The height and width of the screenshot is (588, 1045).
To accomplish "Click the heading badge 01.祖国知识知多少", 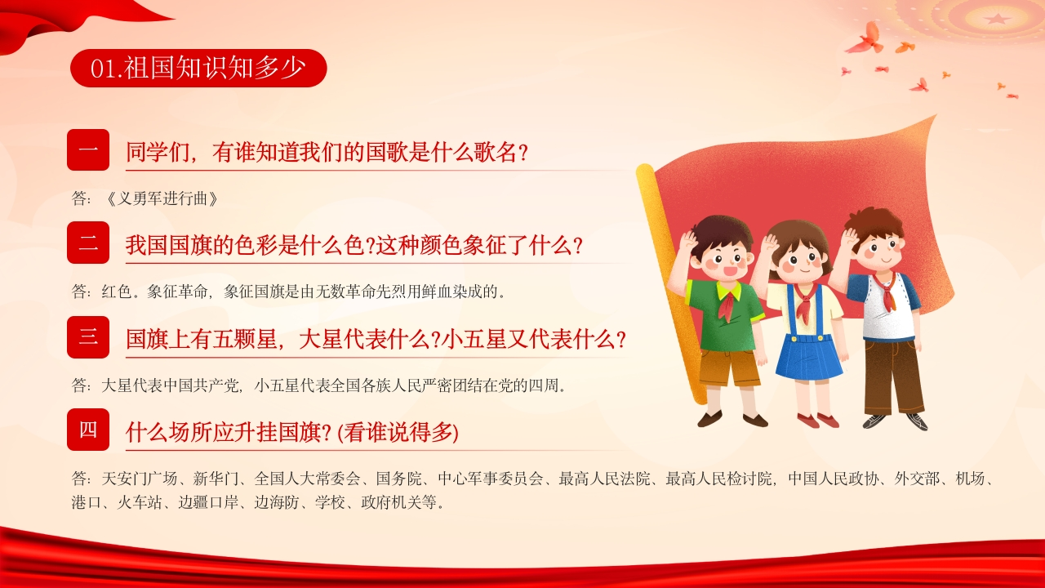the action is point(198,68).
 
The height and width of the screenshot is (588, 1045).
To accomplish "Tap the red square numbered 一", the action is point(88,149).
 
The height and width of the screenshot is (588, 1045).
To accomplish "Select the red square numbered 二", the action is point(88,243).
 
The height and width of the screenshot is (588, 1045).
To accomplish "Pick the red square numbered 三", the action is point(88,337).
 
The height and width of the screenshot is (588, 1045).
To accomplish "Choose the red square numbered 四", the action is point(88,430).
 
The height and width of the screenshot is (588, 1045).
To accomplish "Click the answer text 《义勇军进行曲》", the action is point(162,198).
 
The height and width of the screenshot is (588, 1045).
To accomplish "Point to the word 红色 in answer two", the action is point(117,292).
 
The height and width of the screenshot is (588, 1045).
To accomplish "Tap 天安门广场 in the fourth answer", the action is point(140,479).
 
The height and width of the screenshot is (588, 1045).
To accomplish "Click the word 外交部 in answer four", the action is point(917,479).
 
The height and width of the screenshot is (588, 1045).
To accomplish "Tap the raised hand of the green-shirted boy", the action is point(687,243).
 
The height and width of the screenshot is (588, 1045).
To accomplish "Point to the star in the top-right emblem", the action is point(997,19).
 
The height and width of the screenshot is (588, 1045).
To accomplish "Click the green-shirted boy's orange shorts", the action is point(729,367).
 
